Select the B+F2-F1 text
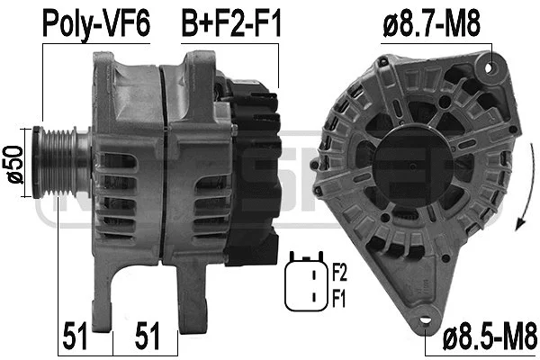pos(230,22)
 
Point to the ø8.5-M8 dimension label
pos(485,342)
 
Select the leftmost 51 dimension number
pos(77,338)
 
